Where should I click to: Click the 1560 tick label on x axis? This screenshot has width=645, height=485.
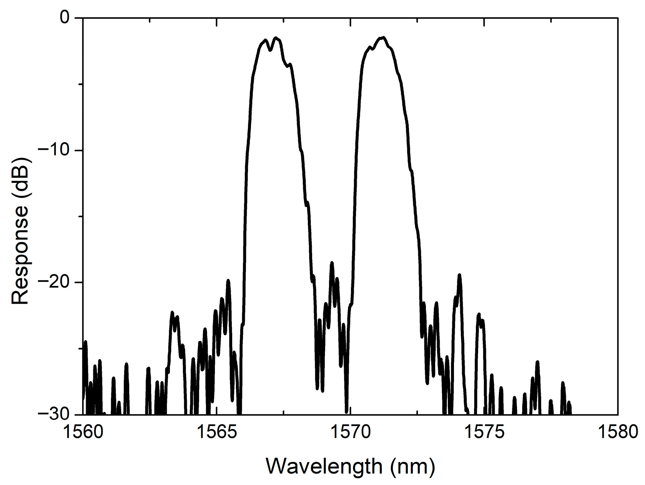pyautogui.click(x=83, y=432)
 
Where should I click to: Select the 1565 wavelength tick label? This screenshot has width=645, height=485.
pyautogui.click(x=216, y=432)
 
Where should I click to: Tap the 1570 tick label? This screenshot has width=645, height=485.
pyautogui.click(x=350, y=432)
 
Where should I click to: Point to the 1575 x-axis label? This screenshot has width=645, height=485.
pyautogui.click(x=484, y=432)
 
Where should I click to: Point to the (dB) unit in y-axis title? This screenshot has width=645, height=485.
pyautogui.click(x=20, y=169)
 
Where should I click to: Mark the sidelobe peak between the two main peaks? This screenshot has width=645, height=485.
pyautogui.click(x=332, y=263)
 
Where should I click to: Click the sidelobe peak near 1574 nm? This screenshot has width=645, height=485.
pyautogui.click(x=459, y=275)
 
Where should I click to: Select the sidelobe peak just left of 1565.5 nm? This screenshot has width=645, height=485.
pyautogui.click(x=228, y=281)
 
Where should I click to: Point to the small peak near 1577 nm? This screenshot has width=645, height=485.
pyautogui.click(x=537, y=362)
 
